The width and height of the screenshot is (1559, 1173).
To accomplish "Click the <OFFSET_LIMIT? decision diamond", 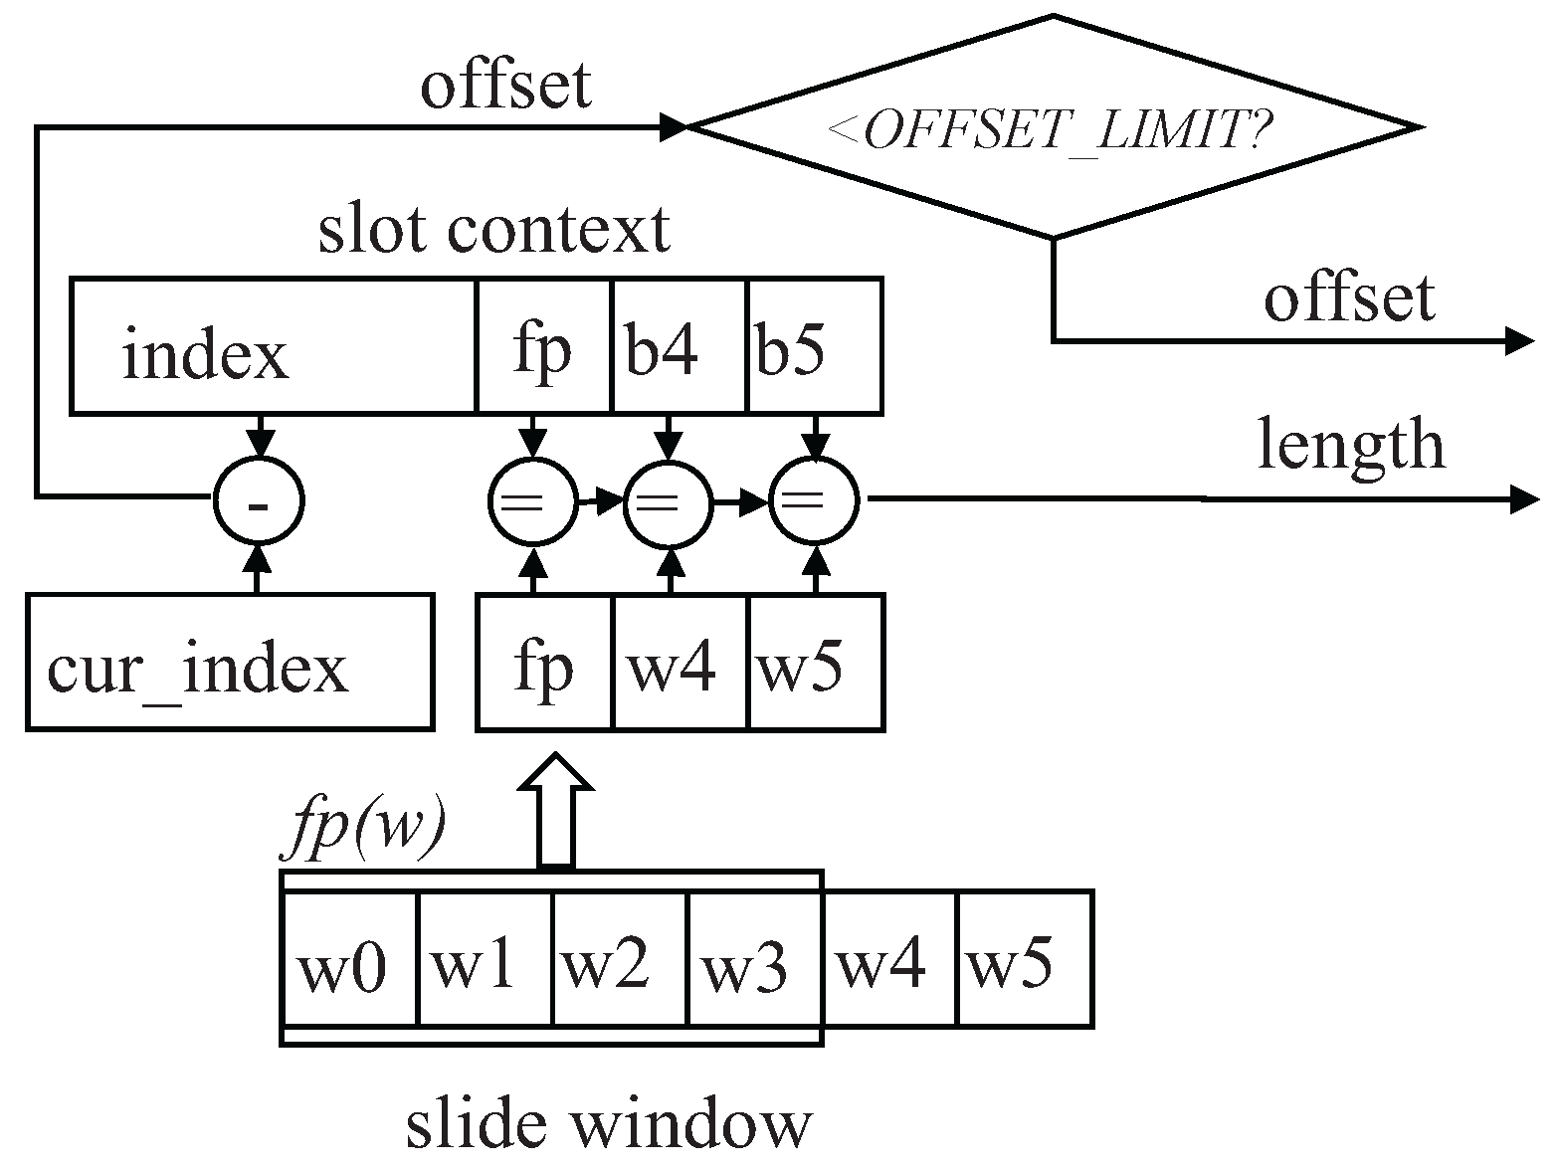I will (x=1053, y=127).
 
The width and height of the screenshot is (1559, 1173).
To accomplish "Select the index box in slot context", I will (x=274, y=346).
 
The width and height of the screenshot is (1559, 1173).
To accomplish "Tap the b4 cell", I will (x=679, y=346).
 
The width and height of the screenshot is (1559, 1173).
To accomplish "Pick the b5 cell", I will (x=814, y=346).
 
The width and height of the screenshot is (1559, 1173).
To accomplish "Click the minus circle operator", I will (x=259, y=502).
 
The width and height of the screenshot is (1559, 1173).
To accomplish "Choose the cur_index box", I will (x=230, y=663).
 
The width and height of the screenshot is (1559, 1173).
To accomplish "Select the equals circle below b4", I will (x=669, y=502).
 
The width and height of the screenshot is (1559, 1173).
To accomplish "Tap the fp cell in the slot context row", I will (x=544, y=346).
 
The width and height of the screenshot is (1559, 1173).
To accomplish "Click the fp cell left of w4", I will (x=545, y=663).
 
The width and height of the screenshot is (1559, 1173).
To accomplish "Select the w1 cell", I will (x=485, y=959).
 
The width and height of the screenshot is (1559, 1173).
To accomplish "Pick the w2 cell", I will (x=619, y=959).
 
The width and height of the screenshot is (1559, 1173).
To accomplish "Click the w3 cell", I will (x=753, y=959).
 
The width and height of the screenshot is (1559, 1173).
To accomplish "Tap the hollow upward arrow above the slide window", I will (x=556, y=811).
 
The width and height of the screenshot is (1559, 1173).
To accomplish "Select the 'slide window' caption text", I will (x=609, y=1125).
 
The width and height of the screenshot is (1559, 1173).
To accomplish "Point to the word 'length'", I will (x=1350, y=444).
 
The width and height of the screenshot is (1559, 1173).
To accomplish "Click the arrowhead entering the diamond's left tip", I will (x=674, y=127).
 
